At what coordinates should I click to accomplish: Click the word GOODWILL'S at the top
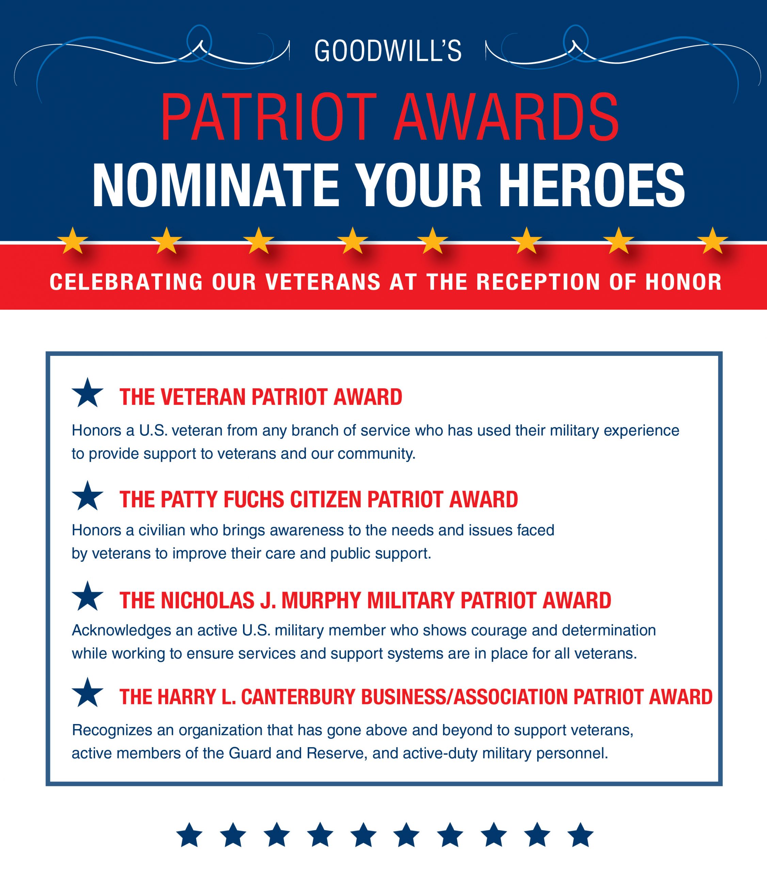[x=387, y=51]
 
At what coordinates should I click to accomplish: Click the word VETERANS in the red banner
[x=323, y=282]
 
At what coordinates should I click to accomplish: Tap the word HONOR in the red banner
[x=684, y=282]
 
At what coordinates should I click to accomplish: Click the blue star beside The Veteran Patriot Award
[x=87, y=393]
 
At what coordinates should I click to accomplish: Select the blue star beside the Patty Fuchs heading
[x=87, y=496]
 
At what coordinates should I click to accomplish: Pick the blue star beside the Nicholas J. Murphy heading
[x=87, y=596]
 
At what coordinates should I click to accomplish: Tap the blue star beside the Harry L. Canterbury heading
[x=87, y=692]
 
